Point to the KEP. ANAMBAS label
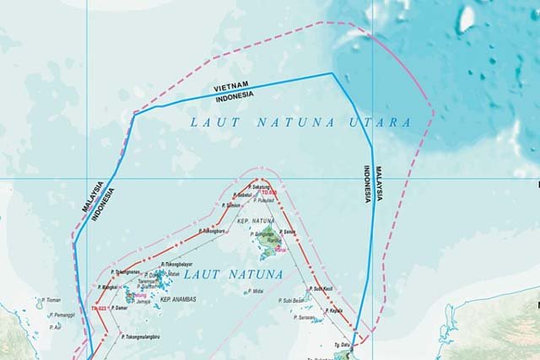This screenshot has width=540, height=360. (x=177, y=300)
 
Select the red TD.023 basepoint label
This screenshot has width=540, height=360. (x=99, y=309)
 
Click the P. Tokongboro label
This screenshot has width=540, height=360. (x=212, y=230)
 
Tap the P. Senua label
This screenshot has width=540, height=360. (x=290, y=230)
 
